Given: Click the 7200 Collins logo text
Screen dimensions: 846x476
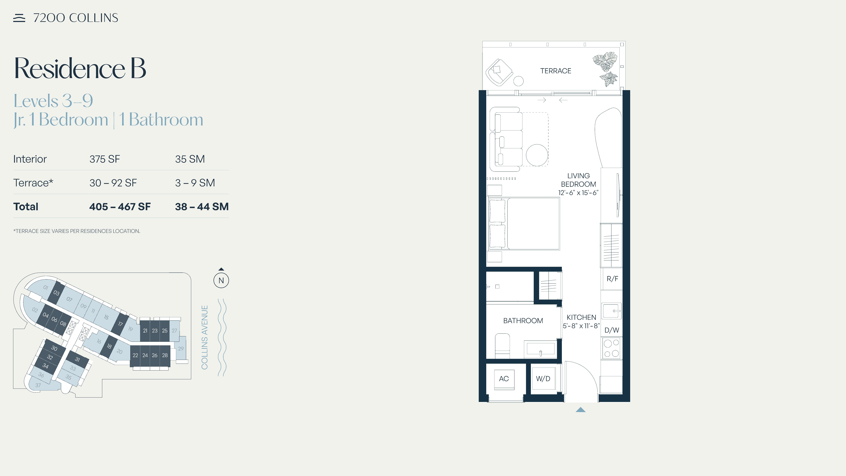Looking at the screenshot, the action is [x=76, y=18].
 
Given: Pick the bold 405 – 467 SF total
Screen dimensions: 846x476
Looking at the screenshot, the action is [x=120, y=207].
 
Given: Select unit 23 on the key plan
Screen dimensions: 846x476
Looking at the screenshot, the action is [x=155, y=330].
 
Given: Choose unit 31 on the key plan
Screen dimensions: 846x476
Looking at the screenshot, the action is [x=78, y=359].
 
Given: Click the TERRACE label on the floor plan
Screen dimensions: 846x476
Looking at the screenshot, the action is [x=556, y=71].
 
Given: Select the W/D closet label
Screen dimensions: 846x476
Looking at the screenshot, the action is [x=543, y=379].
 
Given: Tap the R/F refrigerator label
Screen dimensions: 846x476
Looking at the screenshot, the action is [x=612, y=279].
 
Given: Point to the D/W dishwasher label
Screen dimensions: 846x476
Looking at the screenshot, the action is [x=612, y=330].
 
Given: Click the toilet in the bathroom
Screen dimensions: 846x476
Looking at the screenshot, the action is [x=502, y=346].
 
